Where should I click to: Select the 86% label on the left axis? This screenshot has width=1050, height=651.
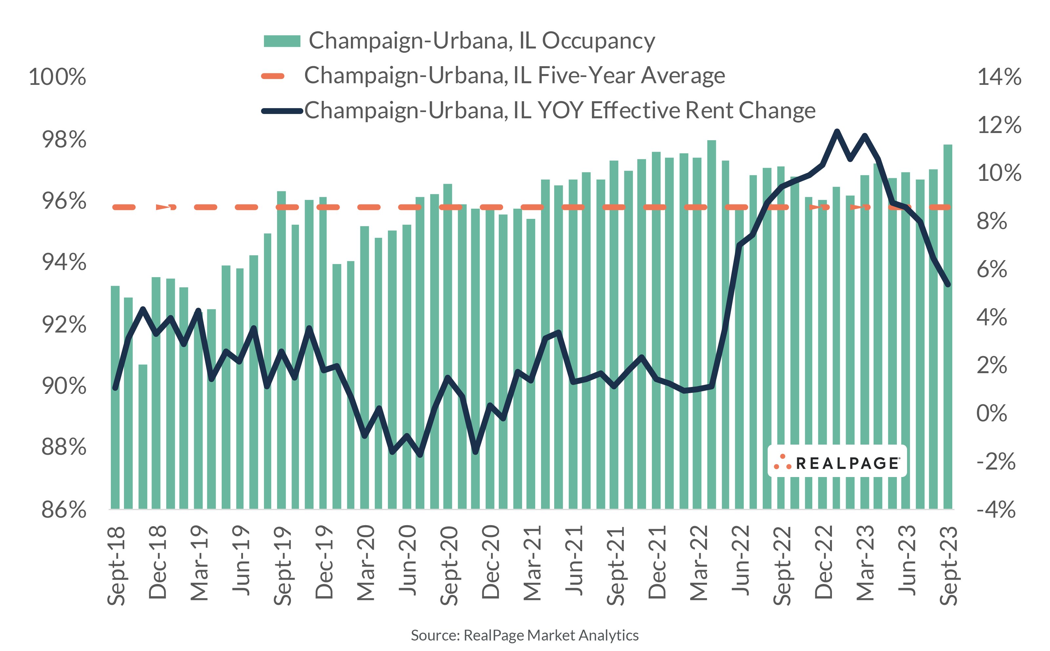coord(64,510)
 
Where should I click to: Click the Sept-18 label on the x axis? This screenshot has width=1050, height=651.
coord(116,565)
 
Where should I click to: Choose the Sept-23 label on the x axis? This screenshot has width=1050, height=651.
coord(948,565)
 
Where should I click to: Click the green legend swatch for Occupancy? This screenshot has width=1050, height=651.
coord(282,41)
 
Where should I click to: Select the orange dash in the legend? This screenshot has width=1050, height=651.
coord(273,76)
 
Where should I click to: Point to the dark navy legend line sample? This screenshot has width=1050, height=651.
coord(282,111)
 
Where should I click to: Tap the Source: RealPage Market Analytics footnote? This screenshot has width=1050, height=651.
coord(524,635)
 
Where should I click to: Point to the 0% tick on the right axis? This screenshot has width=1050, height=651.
coord(991,413)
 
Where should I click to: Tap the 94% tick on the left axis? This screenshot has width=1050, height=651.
coord(64,262)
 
